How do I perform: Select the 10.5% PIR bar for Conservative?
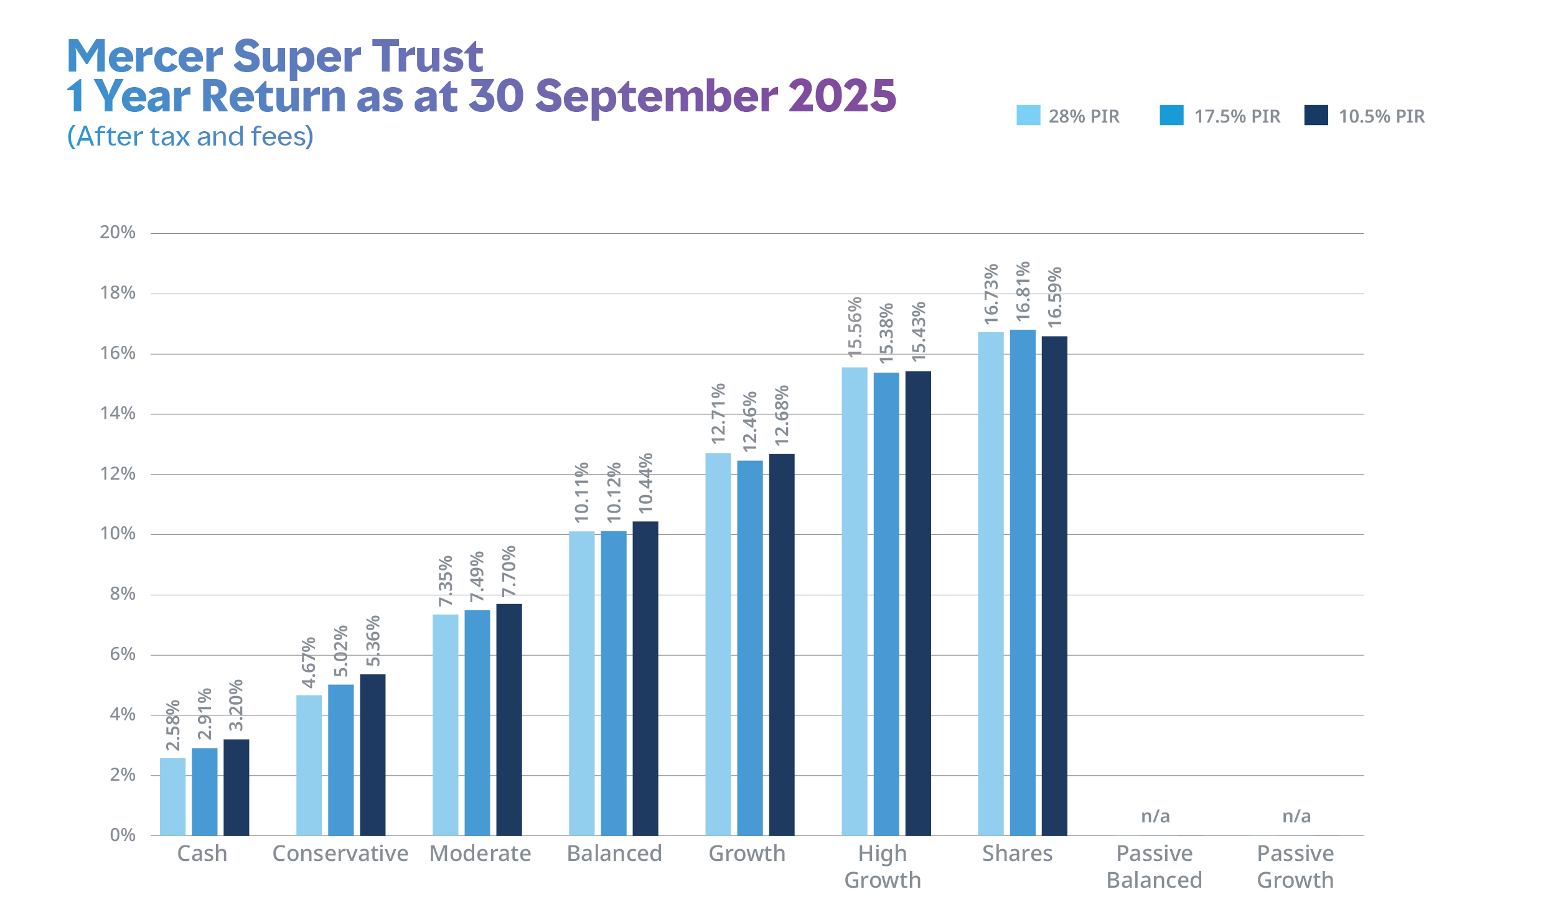point(372,755)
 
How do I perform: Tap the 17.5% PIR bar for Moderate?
point(477,722)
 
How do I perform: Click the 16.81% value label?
point(1023,291)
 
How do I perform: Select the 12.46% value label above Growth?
point(750,421)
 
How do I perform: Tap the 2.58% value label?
point(173,725)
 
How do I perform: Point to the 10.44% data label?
point(645,483)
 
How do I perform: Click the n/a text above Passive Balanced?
point(1155,816)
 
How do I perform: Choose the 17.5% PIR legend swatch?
point(1171,116)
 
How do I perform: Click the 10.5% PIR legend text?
point(1381,116)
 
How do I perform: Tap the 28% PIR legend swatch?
point(1028,116)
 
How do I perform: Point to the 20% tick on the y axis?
point(118,233)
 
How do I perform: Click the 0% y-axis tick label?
point(123,835)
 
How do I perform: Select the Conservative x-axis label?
point(340,854)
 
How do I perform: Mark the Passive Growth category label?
point(1295,867)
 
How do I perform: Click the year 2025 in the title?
point(841,96)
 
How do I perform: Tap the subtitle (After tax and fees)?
point(190,136)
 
